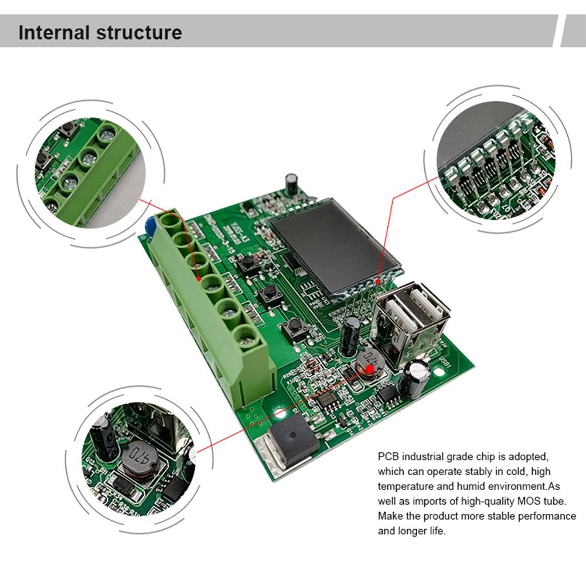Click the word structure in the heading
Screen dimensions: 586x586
(138, 32)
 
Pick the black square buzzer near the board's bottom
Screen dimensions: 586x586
(294, 437)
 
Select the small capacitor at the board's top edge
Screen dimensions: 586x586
(291, 183)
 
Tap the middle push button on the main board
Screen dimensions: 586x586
(270, 292)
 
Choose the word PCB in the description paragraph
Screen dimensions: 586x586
(388, 455)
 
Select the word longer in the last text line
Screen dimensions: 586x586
(421, 532)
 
